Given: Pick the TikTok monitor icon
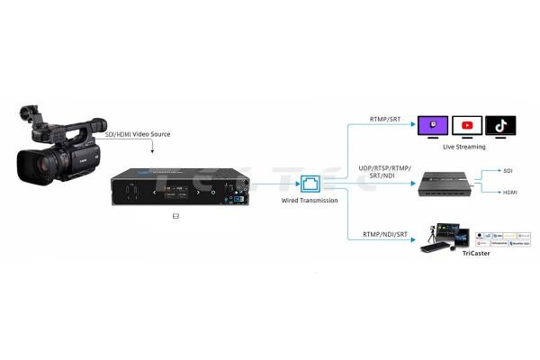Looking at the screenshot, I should point(500,127).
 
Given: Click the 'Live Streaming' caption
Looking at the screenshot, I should point(465,147).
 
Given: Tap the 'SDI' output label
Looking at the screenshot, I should point(508,169).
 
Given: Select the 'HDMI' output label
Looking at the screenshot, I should point(509,191).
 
